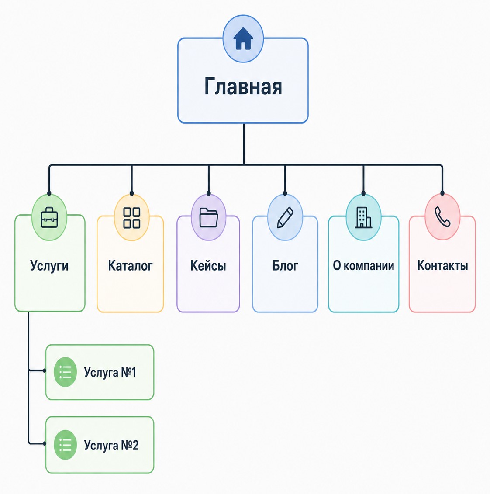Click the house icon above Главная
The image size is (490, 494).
243,38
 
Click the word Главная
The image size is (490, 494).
243,86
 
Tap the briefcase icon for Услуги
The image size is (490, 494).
49,217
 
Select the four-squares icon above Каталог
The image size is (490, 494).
132,218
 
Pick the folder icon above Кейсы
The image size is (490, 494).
209,217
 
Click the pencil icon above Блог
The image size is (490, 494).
285,217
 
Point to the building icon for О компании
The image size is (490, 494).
363,217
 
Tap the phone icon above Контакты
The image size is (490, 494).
442,217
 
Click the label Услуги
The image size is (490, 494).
49,266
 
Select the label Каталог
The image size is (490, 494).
130,266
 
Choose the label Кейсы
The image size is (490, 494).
208,266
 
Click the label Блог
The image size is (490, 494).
285,266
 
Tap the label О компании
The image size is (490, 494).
363,266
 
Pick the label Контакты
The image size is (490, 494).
442,266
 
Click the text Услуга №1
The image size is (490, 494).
110,372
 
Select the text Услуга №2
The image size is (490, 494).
111,445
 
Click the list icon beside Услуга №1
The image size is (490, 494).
65,372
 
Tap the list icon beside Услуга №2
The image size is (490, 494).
65,445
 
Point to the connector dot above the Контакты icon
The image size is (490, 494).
442,193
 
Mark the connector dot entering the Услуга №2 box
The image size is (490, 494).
45,443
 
